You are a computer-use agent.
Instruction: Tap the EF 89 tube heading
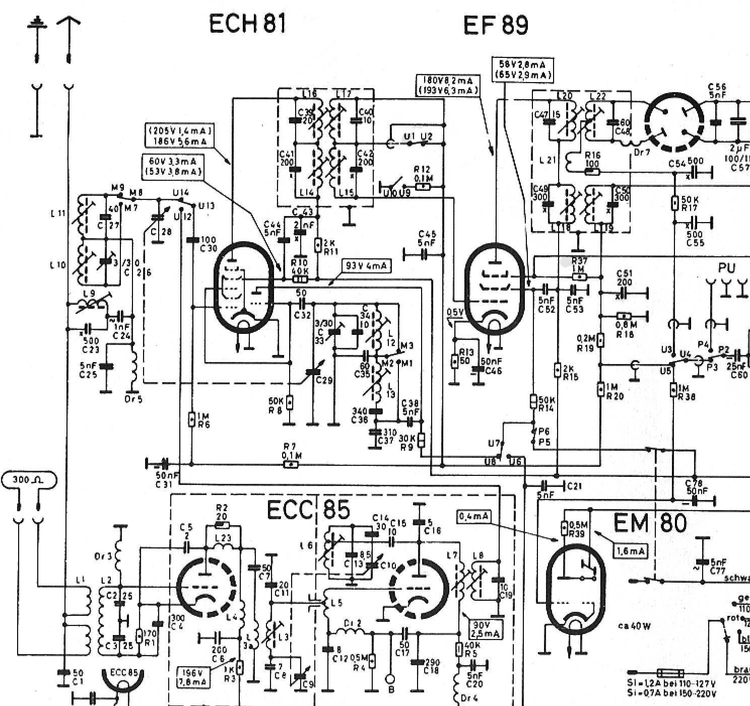[x=496, y=25]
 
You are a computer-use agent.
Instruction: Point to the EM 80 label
[x=650, y=523]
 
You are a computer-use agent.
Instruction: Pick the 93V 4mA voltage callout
[x=366, y=265]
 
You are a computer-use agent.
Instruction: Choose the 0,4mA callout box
[x=473, y=516]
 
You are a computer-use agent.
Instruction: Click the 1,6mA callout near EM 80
[x=630, y=551]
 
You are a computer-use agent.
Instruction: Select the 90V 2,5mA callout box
[x=485, y=629]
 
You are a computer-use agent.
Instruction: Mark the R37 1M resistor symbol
[x=580, y=276]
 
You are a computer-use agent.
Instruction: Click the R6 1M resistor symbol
[x=191, y=419]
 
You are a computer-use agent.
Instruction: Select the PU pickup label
[x=727, y=268]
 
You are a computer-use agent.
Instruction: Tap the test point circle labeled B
[x=390, y=678]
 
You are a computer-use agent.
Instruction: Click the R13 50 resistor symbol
[x=454, y=361]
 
